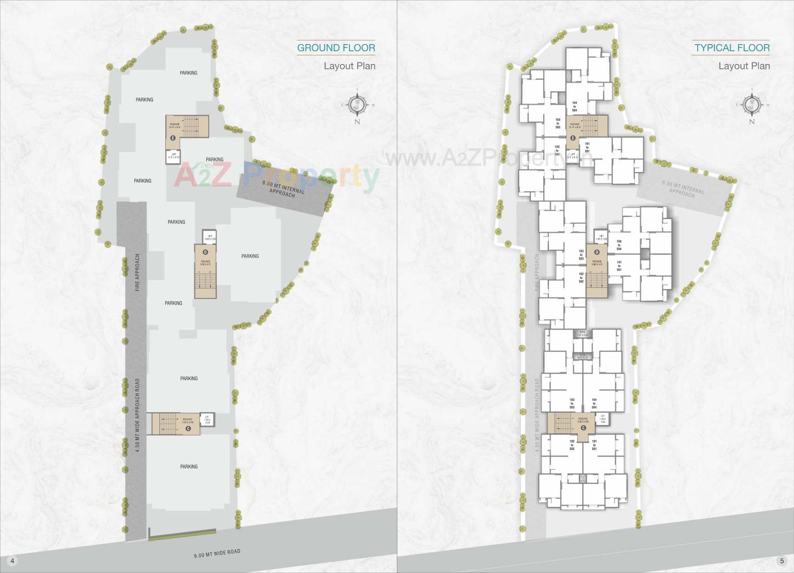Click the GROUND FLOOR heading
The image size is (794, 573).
pyautogui.click(x=336, y=48)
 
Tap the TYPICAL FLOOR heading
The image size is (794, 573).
pyautogui.click(x=732, y=48)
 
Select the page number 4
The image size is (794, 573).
pyautogui.click(x=12, y=561)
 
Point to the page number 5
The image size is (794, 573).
pyautogui.click(x=782, y=561)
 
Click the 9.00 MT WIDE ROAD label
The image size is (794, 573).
pyautogui.click(x=217, y=554)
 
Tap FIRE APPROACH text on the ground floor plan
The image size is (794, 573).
pyautogui.click(x=138, y=272)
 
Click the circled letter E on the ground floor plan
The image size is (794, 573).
pyautogui.click(x=173, y=138)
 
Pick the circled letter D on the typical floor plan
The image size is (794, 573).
pyautogui.click(x=597, y=252)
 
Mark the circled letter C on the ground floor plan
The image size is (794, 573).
pyautogui.click(x=188, y=428)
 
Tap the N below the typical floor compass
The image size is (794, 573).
pyautogui.click(x=751, y=121)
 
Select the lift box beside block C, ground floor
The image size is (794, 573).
pyautogui.click(x=207, y=420)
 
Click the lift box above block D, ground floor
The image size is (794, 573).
pyautogui.click(x=210, y=237)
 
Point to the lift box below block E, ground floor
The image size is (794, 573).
pyautogui.click(x=174, y=156)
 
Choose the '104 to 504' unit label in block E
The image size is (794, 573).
pyautogui.click(x=574, y=107)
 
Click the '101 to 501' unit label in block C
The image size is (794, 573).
pyautogui.click(x=594, y=445)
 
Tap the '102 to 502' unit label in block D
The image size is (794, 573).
pyautogui.click(x=581, y=278)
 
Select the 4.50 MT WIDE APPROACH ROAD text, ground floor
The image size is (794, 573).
pyautogui.click(x=138, y=415)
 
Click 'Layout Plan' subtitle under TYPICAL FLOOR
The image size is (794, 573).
pyautogui.click(x=744, y=66)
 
